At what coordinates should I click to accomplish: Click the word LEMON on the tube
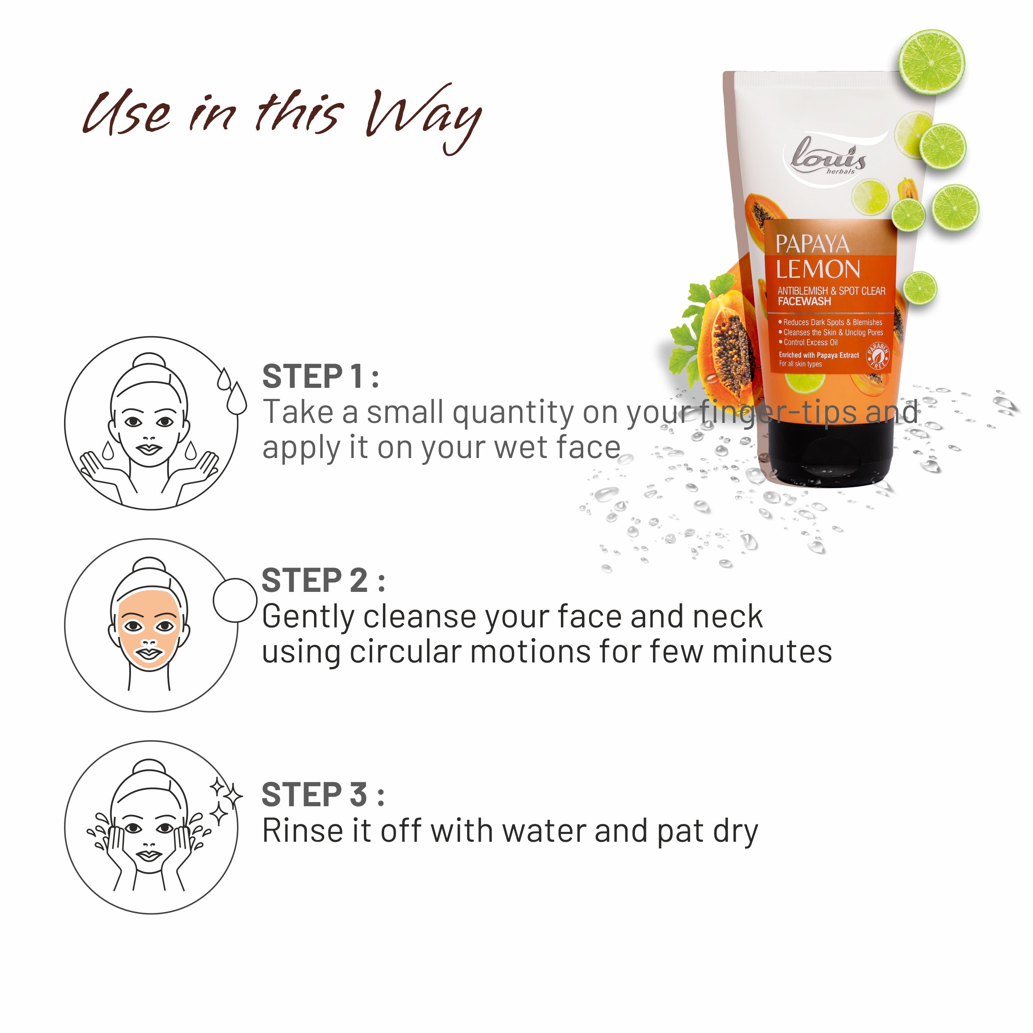point(818,269)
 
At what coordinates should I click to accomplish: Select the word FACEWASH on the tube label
point(804,302)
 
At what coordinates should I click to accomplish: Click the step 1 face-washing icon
point(151,423)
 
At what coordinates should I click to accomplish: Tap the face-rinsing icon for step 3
point(151,828)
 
